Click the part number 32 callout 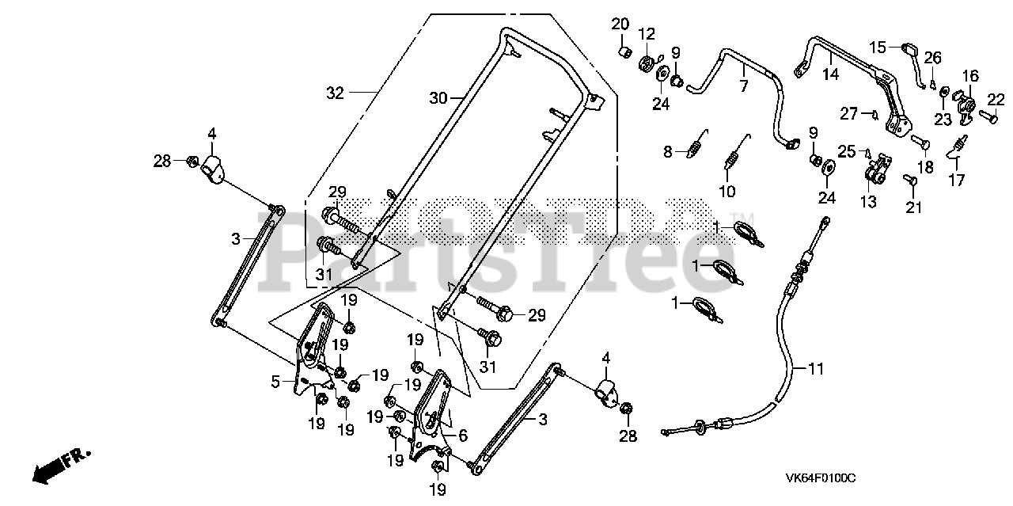point(336,93)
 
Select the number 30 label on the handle point(438,98)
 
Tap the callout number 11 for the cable point(816,367)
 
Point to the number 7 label point(743,86)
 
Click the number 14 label point(829,75)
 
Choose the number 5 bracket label point(275,382)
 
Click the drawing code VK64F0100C point(820,478)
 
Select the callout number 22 point(995,98)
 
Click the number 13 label point(868,202)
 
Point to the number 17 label point(956,180)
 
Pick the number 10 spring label point(727,191)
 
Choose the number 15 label point(878,47)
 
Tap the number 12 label point(647,33)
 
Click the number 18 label point(924,167)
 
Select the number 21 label point(914,207)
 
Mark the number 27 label point(849,113)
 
